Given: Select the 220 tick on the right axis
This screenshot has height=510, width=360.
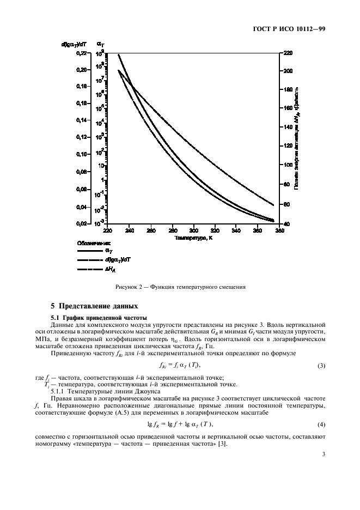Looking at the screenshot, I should point(288,53).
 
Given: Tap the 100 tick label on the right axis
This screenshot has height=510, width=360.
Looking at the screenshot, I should point(288,165).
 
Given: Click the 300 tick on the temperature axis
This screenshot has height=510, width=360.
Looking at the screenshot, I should point(193,230).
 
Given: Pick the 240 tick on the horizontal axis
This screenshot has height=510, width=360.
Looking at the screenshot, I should point(129,230).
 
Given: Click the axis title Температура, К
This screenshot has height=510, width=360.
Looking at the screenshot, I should point(193,238).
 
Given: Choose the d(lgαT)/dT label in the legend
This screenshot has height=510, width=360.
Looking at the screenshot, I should point(117,260).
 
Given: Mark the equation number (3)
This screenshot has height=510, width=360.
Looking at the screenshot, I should point(321,365).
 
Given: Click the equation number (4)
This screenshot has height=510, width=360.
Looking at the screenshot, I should point(321,424).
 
